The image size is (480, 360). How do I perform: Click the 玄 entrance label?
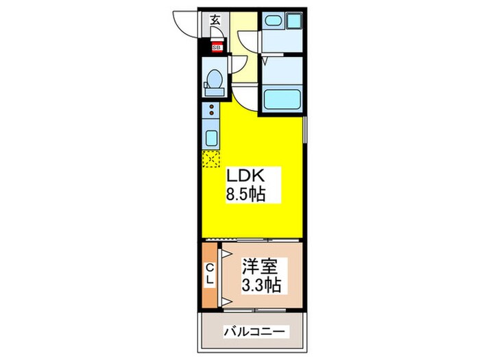point(215,20)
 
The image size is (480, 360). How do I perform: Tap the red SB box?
point(217,47)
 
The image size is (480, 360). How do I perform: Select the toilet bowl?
point(213,81)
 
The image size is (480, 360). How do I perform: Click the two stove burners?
point(212,110)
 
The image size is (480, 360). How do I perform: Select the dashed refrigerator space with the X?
point(210,159)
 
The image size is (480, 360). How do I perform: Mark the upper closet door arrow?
point(222,253)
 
